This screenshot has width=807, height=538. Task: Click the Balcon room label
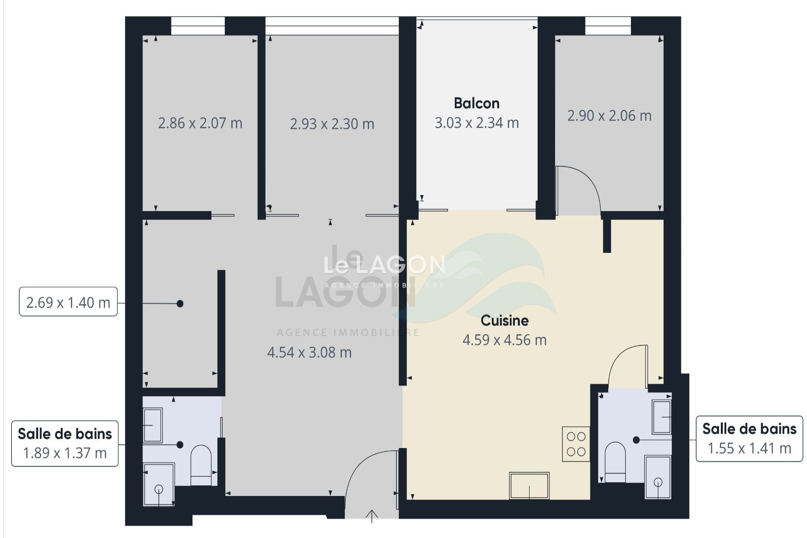pyautogui.click(x=477, y=103)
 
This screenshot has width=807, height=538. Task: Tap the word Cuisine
pyautogui.click(x=504, y=320)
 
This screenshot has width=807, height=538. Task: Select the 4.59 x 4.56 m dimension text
pyautogui.click(x=504, y=340)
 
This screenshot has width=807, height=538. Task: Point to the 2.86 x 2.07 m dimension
pyautogui.click(x=200, y=123)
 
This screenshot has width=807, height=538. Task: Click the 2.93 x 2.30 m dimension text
pyautogui.click(x=332, y=124)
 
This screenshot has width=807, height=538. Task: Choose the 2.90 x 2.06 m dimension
pyautogui.click(x=609, y=115)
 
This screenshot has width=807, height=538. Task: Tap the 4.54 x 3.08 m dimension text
pyautogui.click(x=309, y=352)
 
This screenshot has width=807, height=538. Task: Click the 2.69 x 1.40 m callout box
pyautogui.click(x=68, y=302)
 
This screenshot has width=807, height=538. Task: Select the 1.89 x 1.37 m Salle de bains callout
pyautogui.click(x=65, y=443)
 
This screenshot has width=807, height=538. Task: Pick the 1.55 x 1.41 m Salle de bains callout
pyautogui.click(x=749, y=439)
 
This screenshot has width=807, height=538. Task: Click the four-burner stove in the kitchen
pyautogui.click(x=576, y=444)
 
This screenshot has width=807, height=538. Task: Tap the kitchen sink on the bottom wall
pyautogui.click(x=529, y=485)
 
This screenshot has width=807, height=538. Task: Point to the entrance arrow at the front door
pyautogui.click(x=372, y=516)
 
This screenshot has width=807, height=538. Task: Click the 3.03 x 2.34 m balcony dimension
pyautogui.click(x=477, y=123)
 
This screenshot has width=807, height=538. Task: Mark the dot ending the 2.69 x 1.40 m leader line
pyautogui.click(x=180, y=303)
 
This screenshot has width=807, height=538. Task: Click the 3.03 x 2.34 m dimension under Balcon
pyautogui.click(x=477, y=123)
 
